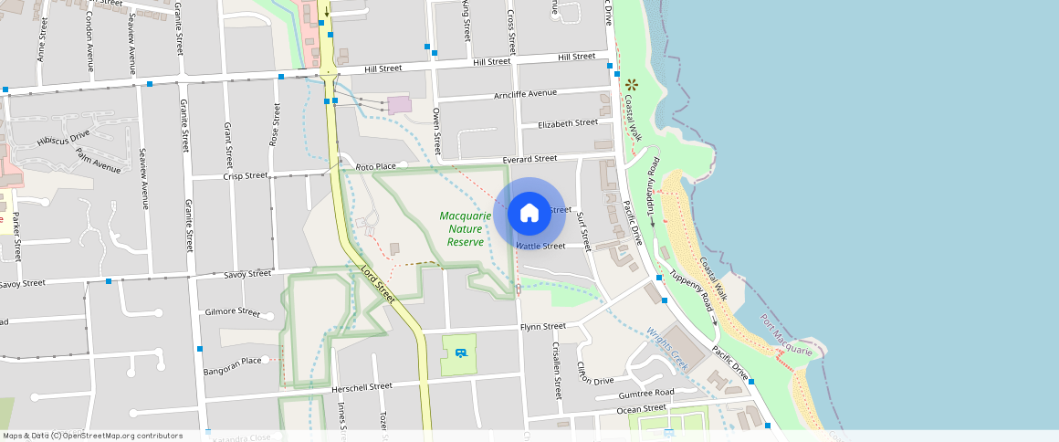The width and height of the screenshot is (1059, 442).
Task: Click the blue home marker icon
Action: [529, 214]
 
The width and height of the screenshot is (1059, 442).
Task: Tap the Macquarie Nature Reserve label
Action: [466, 229]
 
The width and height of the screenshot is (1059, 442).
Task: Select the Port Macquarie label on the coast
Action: [786, 337]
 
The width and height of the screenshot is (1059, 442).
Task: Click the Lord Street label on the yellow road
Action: [377, 283]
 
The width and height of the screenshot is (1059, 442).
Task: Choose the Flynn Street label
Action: [542, 327]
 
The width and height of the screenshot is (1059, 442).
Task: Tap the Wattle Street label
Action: [540, 246]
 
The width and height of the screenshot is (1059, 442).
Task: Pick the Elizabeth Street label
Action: [568, 123]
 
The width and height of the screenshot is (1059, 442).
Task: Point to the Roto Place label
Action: [375, 167]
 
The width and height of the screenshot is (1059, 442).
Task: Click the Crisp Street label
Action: [246, 175]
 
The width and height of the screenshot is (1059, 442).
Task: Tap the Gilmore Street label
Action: [233, 311]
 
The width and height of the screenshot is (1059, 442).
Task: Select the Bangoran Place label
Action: [233, 361]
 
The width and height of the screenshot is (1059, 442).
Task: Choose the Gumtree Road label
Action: [645, 393]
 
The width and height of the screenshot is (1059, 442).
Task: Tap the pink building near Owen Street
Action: [399, 105]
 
